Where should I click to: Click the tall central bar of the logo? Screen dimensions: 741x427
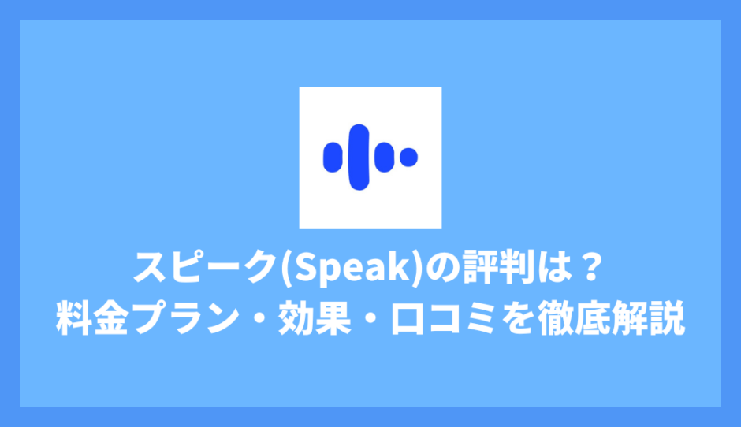pyautogui.click(x=359, y=158)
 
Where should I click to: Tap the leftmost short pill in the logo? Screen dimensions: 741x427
pyautogui.click(x=333, y=158)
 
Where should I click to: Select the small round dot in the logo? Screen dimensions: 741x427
pyautogui.click(x=409, y=158)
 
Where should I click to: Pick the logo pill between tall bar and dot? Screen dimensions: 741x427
pyautogui.click(x=384, y=158)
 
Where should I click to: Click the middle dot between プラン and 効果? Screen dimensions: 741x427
pyautogui.click(x=259, y=318)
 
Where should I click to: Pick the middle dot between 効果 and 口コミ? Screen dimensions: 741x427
pyautogui.click(x=371, y=318)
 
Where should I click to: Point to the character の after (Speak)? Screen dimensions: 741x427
pyautogui.click(x=443, y=269)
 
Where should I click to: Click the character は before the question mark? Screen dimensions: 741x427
pyautogui.click(x=557, y=268)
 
